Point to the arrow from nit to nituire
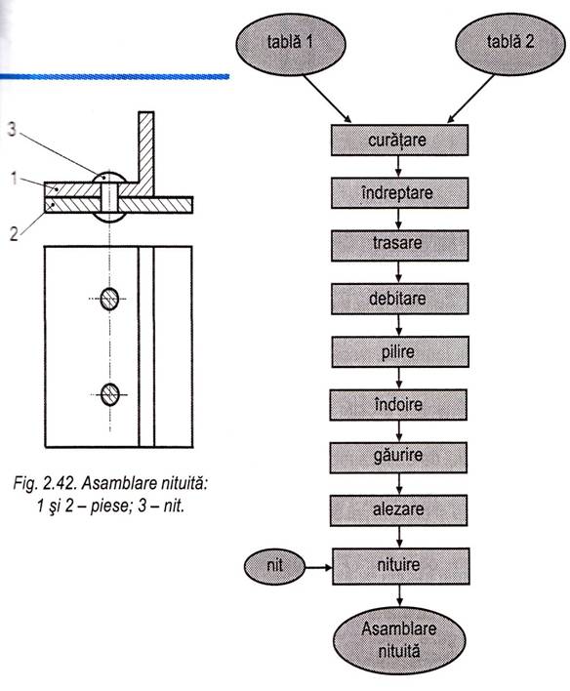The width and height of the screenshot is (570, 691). tap(318, 564)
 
